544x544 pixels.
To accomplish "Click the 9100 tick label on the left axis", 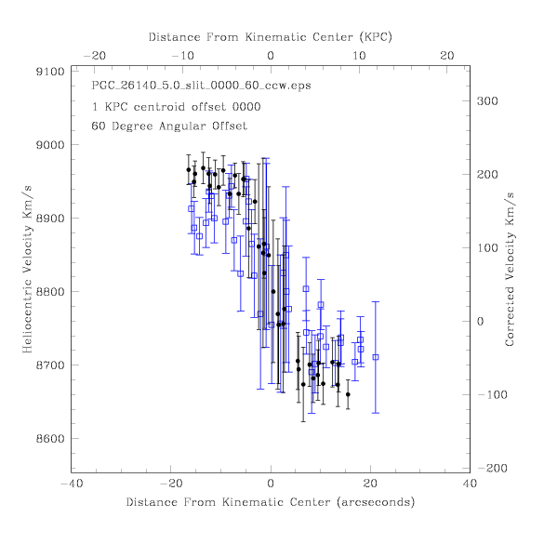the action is (50, 72).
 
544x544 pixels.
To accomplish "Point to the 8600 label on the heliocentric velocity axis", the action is (50, 439).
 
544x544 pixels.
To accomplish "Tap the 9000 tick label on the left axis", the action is (50, 145).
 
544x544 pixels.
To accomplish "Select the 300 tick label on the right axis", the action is (487, 101).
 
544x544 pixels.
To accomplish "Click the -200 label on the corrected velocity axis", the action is (492, 469).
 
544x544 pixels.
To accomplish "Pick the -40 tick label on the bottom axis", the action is (72, 484).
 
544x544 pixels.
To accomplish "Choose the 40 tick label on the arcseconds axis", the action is (470, 484).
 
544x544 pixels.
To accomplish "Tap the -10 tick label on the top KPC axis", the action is (183, 56).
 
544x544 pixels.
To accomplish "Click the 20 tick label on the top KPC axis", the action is (447, 56).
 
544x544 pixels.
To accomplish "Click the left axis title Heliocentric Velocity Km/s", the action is (27, 270).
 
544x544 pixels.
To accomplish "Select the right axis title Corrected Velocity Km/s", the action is (510, 270).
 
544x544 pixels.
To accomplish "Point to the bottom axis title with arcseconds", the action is (271, 502).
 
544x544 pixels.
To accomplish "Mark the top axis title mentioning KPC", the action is (271, 37).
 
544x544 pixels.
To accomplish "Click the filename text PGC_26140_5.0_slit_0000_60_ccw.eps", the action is (201, 86).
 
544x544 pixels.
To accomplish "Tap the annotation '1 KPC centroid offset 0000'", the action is (176, 107).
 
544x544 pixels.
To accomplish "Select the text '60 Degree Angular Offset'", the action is (169, 126).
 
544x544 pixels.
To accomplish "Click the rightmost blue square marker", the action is (376, 357).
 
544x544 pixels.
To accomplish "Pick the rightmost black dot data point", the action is (348, 394).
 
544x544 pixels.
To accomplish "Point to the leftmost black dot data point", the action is (189, 169).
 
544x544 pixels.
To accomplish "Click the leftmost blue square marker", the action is (191, 209).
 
